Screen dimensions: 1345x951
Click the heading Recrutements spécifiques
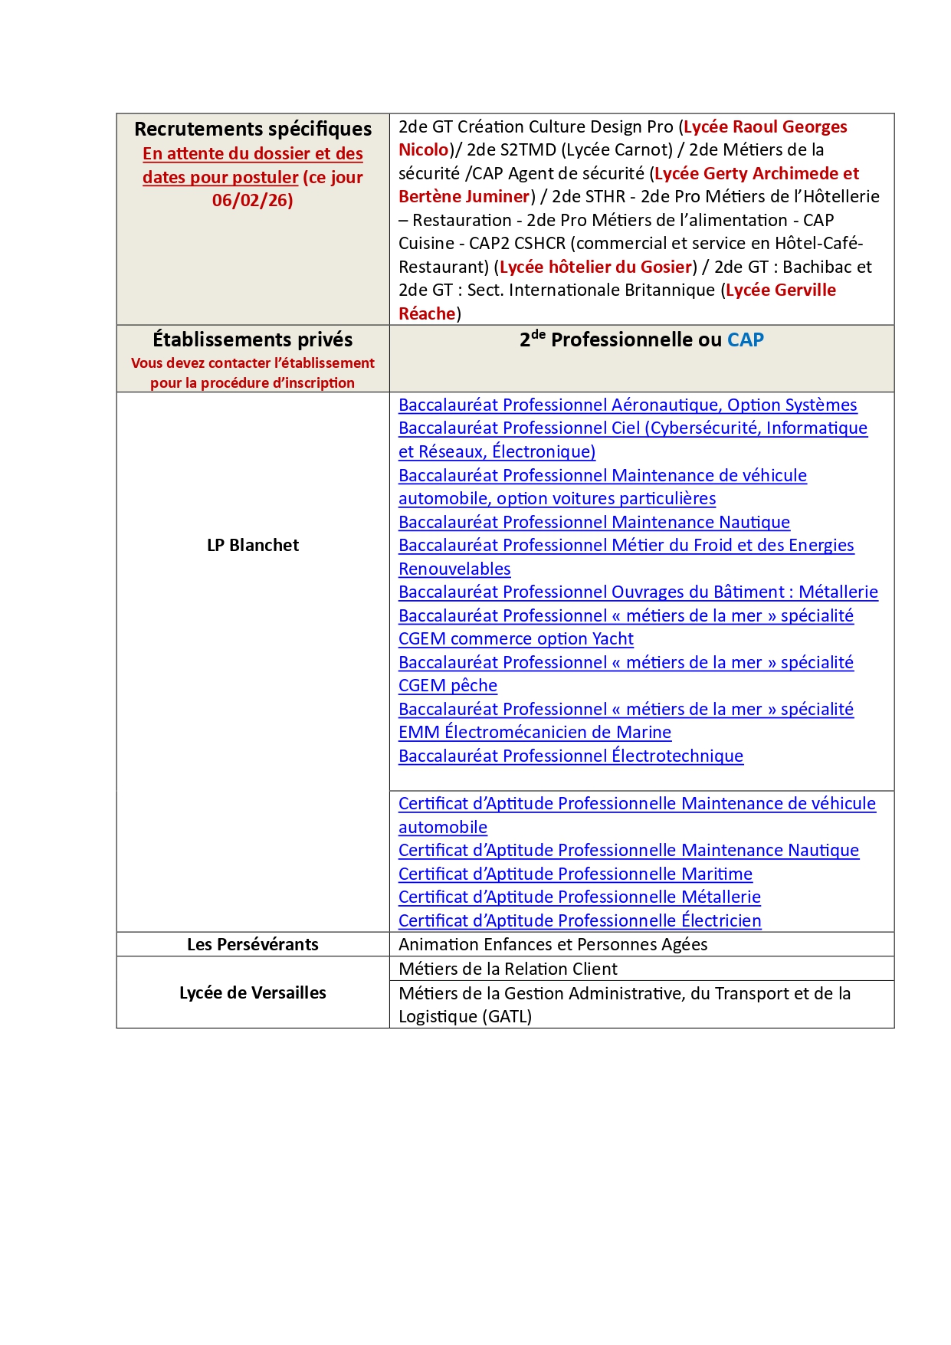tap(253, 129)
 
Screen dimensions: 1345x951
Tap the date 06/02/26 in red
tap(252, 201)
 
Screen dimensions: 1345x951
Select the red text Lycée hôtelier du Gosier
tap(595, 267)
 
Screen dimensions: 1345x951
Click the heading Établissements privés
tap(253, 340)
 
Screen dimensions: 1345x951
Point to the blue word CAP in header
tap(745, 340)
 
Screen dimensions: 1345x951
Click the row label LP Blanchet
tap(253, 546)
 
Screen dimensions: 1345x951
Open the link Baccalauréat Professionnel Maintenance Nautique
tap(594, 523)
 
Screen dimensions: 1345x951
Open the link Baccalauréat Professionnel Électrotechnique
tap(571, 756)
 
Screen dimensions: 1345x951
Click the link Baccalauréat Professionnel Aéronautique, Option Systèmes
tap(628, 405)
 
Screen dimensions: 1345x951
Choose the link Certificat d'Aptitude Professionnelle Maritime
tap(576, 874)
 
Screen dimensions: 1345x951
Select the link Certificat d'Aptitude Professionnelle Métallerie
tap(579, 897)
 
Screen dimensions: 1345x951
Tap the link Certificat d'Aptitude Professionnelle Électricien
tap(580, 921)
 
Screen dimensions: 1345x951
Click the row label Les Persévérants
tap(253, 945)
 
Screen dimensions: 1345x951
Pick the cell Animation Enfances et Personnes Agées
tap(553, 945)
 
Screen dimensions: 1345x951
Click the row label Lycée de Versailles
tap(253, 993)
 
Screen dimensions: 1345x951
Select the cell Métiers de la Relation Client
tap(508, 969)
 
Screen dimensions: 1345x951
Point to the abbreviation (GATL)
tap(496, 1017)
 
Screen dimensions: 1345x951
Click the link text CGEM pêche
tap(448, 686)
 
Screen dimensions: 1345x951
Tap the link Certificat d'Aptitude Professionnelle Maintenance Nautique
tap(628, 851)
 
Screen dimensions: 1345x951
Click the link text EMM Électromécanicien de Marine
tap(535, 733)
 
